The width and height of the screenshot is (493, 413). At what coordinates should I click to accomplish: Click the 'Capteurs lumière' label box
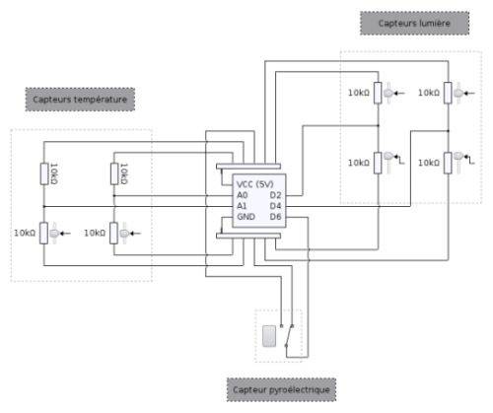point(414,23)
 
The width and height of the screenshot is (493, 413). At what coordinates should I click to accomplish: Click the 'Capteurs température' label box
point(80,100)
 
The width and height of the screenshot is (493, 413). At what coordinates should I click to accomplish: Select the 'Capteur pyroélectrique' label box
point(281,389)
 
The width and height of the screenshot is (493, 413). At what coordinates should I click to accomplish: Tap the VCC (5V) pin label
point(254,184)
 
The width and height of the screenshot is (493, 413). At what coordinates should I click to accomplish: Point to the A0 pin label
point(243,195)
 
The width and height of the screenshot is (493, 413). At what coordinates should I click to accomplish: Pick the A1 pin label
point(242,206)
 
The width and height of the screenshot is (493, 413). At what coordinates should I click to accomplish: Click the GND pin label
point(246,217)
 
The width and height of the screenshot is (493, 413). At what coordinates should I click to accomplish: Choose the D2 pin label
point(275,195)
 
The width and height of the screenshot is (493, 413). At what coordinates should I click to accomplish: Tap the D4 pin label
point(275,206)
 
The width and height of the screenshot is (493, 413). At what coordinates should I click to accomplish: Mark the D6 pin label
point(275,217)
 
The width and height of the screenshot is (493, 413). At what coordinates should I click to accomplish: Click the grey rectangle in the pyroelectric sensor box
point(269,336)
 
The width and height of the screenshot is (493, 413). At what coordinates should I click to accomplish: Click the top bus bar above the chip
point(248,167)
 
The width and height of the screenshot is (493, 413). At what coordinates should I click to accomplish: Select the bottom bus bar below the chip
point(248,236)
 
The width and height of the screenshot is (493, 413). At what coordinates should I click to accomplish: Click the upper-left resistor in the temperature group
point(44,173)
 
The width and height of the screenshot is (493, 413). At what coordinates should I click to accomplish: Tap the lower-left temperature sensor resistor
point(43,233)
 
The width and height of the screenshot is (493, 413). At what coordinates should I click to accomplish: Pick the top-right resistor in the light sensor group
point(448,93)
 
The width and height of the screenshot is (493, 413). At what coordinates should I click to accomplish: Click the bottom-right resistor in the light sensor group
point(448,163)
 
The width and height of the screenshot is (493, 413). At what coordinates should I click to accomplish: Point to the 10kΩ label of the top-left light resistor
point(359,93)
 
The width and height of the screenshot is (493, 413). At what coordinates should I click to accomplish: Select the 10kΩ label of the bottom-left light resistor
point(359,163)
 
